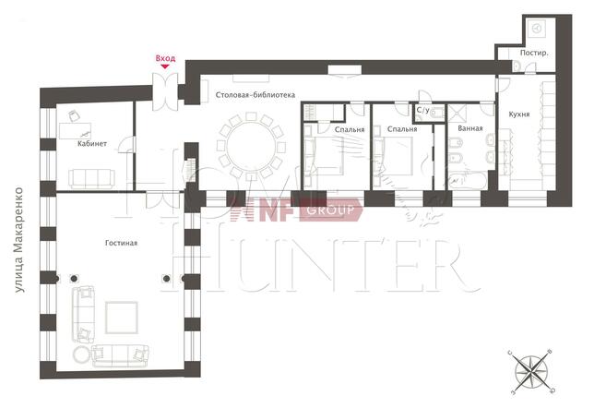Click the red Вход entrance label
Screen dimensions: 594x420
pos(165,58)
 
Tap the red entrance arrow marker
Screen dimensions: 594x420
pos(165,66)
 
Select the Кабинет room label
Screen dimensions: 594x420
pos(92,143)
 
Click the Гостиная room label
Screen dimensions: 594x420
pos(121,243)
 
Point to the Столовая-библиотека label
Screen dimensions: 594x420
pos(255,95)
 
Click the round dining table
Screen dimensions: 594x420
pos(252,145)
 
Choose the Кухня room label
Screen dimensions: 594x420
pos(519,114)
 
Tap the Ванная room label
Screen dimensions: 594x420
pos(470,128)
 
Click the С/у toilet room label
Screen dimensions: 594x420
pos(423,110)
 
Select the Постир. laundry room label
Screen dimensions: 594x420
pos(534,53)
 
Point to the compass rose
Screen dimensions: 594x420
pos(532,371)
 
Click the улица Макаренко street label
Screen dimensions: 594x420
pos(19,240)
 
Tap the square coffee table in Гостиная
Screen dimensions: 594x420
pos(122,318)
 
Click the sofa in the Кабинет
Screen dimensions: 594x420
pos(91,178)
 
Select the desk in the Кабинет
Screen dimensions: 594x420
pos(75,131)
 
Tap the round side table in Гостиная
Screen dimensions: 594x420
pos(81,354)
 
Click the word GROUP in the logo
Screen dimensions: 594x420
pos(330,210)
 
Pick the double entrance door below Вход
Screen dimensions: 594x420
pos(165,91)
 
